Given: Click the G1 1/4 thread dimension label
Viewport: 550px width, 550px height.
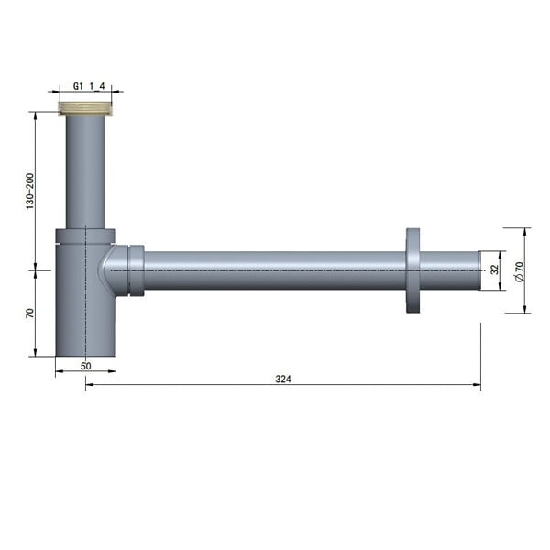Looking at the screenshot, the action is tap(89, 86).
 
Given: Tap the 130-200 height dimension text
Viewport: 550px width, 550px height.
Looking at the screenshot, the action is tap(30, 192).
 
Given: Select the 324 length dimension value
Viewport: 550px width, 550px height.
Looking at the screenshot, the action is tap(283, 379).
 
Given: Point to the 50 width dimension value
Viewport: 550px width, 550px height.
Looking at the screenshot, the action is tap(85, 366).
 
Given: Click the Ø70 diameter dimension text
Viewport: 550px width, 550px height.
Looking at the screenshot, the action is tap(519, 271).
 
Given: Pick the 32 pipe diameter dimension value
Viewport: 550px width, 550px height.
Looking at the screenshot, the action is tap(495, 269).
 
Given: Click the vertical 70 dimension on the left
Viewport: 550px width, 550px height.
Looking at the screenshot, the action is tap(30, 313).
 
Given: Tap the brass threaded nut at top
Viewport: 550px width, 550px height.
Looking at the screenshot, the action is tap(85, 109).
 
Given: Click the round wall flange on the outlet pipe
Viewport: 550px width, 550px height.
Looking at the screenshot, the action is tap(412, 270).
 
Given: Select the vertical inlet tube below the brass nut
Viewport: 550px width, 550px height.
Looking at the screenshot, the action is tap(85, 172).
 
